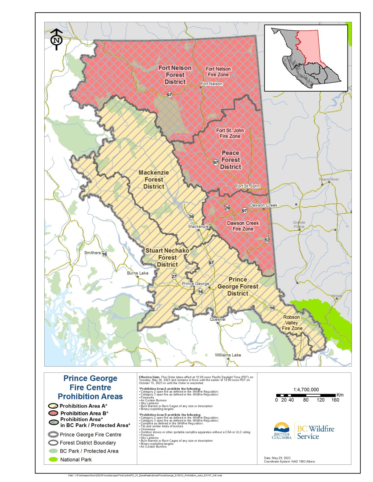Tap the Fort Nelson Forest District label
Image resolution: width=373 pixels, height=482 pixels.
(x=175, y=75)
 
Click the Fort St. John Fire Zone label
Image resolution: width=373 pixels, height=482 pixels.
(x=230, y=133)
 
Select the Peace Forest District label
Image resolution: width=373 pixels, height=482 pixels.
(x=230, y=160)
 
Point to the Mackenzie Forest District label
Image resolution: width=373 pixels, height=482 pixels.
(x=154, y=179)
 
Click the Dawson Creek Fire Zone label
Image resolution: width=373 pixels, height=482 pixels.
(x=243, y=226)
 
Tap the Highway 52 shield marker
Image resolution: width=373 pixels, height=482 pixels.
(x=267, y=240)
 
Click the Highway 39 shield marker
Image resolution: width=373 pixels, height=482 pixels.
(x=191, y=217)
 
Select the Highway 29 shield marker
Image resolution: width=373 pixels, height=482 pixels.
(x=227, y=208)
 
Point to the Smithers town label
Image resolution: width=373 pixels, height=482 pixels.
(x=92, y=253)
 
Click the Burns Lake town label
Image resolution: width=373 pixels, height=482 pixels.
(x=138, y=273)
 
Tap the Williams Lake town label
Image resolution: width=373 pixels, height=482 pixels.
(x=228, y=355)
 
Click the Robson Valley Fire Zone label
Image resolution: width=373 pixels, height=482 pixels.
(x=292, y=323)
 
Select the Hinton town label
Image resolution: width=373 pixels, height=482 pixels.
(x=337, y=296)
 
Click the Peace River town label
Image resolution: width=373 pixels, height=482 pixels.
(x=329, y=179)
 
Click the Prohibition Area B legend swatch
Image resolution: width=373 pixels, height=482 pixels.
(x=53, y=413)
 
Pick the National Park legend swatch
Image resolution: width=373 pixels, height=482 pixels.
(x=53, y=459)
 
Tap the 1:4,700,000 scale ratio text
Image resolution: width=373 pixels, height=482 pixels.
(x=306, y=389)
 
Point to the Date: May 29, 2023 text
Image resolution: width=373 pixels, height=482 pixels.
(x=277, y=458)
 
